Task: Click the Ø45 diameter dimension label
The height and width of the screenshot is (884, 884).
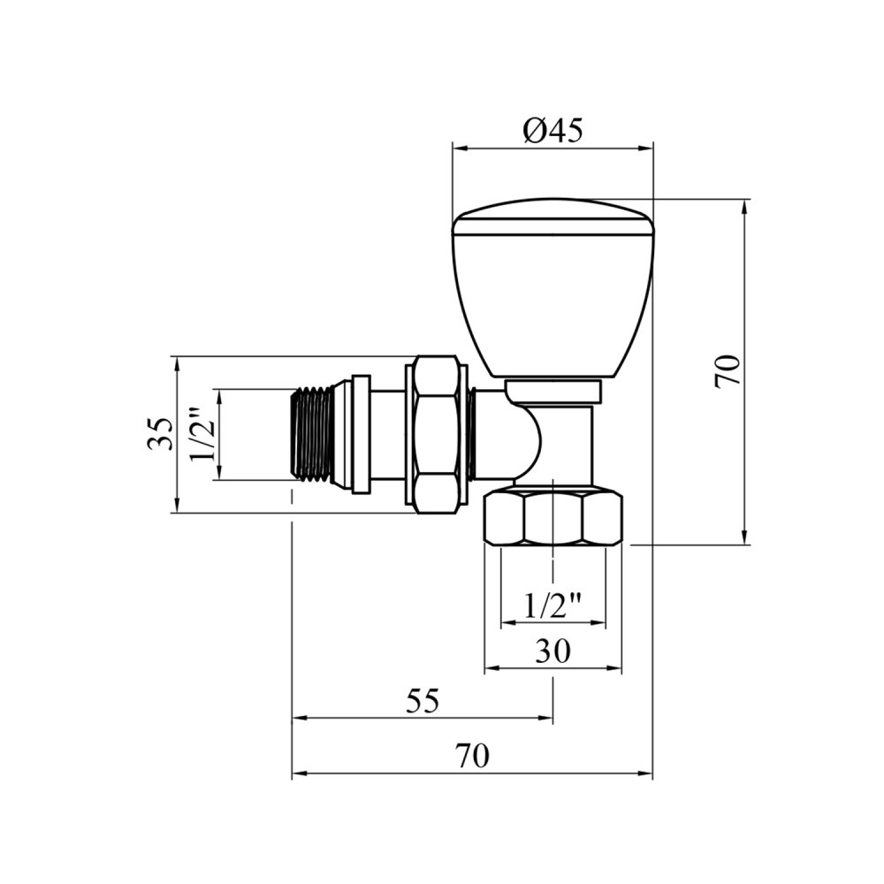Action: [552, 131]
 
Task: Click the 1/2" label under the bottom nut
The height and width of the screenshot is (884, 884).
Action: [552, 606]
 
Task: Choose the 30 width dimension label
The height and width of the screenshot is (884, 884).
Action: [552, 652]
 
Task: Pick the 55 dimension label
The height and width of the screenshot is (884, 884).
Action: [422, 701]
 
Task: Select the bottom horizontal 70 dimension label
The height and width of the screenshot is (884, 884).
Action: [472, 756]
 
